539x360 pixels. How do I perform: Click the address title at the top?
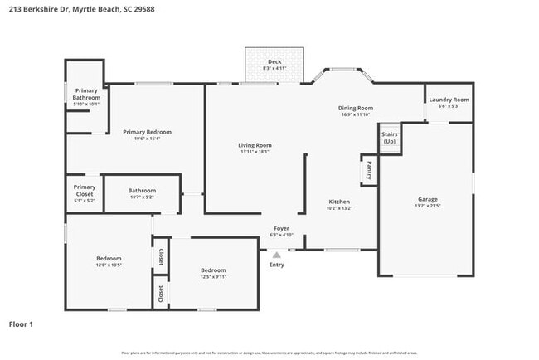click(80, 9)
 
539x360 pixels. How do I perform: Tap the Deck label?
click(274, 61)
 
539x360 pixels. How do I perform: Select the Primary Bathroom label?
click(86, 94)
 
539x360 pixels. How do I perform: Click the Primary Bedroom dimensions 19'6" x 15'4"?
click(147, 139)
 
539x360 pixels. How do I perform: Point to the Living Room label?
click(255, 145)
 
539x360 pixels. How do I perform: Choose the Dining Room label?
click(355, 108)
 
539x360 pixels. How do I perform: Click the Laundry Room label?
click(449, 100)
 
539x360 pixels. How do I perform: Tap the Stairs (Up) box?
click(389, 138)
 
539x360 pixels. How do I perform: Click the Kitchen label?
click(339, 202)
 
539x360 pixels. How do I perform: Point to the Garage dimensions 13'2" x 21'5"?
click(427, 207)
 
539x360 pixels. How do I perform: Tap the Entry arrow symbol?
click(276, 255)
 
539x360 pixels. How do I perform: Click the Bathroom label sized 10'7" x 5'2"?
click(142, 190)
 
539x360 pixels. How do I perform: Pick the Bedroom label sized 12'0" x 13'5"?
click(109, 258)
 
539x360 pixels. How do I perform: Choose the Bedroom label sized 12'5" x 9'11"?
click(213, 270)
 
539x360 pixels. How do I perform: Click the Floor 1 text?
click(21, 324)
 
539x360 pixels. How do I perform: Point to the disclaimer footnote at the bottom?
click(269, 353)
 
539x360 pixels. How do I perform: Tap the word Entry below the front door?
click(277, 265)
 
